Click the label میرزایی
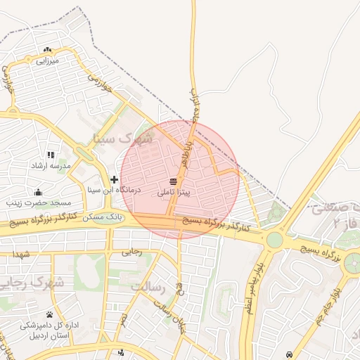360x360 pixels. [47, 60]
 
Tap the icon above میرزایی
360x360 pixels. [47, 50]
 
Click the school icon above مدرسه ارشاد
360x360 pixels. [50, 155]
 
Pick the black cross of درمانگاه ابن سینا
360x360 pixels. [115, 180]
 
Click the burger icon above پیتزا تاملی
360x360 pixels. [173, 183]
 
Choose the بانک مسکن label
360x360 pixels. [103, 217]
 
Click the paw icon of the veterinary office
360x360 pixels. [49, 314]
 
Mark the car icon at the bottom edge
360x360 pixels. [290, 353]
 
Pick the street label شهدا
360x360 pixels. [20, 253]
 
